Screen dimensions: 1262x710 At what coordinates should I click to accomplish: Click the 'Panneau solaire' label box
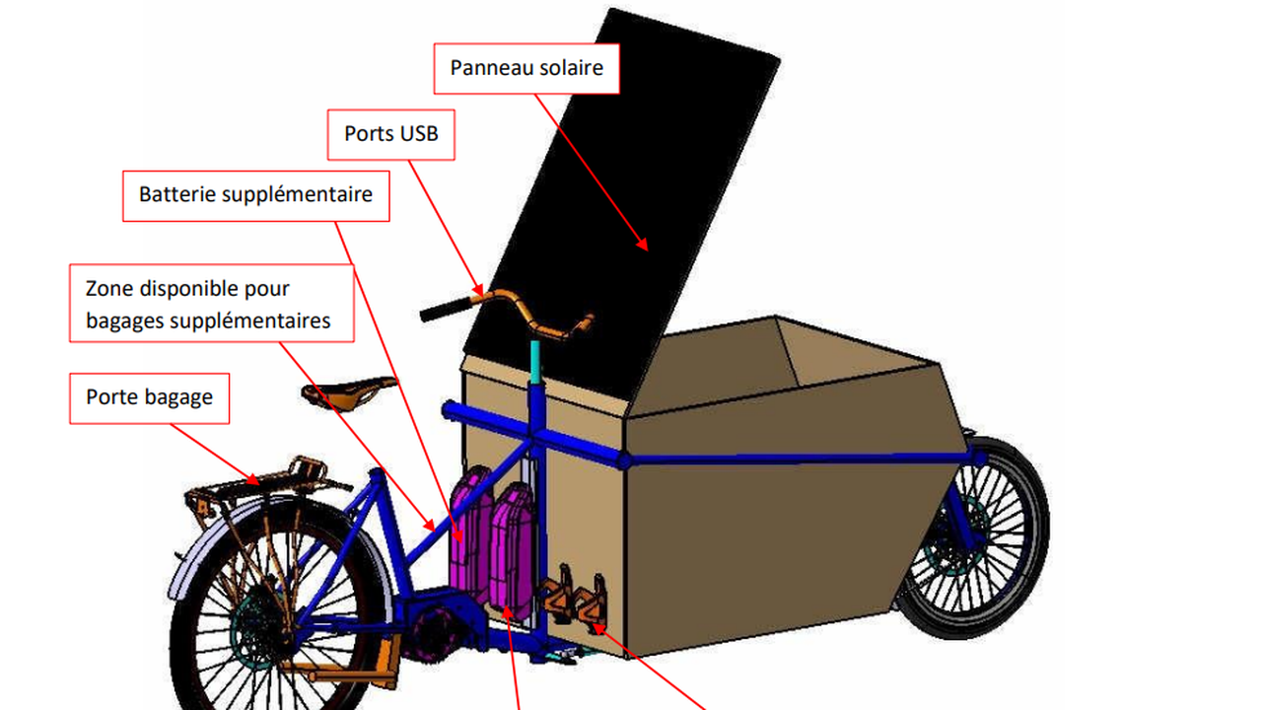(x=526, y=69)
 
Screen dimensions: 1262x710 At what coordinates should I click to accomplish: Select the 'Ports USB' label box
(x=391, y=135)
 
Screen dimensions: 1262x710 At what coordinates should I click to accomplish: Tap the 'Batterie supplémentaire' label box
(x=255, y=195)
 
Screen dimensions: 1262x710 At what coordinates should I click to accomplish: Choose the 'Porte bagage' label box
(x=149, y=397)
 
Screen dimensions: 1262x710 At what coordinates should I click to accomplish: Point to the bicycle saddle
(x=348, y=391)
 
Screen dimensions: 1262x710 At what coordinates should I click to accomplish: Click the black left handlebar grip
(x=445, y=309)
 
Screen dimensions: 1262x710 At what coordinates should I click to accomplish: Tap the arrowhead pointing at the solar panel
(x=644, y=245)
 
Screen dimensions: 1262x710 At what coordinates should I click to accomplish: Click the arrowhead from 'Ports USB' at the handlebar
(x=478, y=290)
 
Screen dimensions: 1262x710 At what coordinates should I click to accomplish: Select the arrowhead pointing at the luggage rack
(x=252, y=479)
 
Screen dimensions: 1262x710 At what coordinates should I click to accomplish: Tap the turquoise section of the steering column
(x=534, y=362)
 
